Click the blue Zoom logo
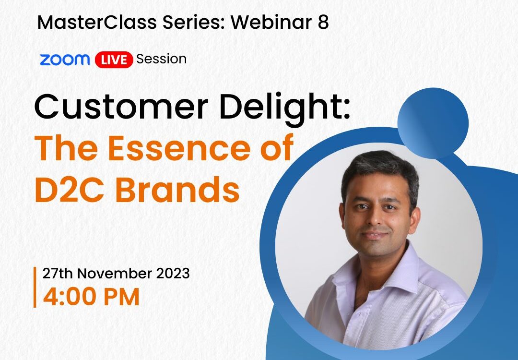tap(65, 60)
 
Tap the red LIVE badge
tap(114, 60)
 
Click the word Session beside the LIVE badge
tap(161, 59)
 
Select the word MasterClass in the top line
tap(97, 23)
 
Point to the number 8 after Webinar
tap(323, 23)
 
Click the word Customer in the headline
tap(121, 107)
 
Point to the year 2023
tap(173, 274)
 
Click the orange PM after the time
tap(121, 297)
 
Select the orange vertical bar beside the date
tap(35, 287)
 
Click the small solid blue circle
tap(433, 123)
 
